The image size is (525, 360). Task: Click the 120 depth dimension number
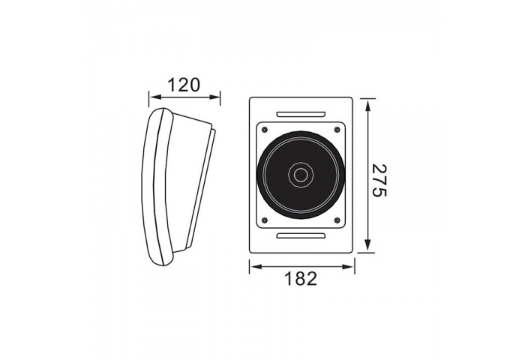184,84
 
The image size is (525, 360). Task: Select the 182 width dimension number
301,278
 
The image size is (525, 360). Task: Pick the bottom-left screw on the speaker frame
263,220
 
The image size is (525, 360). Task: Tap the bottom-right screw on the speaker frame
337,220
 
